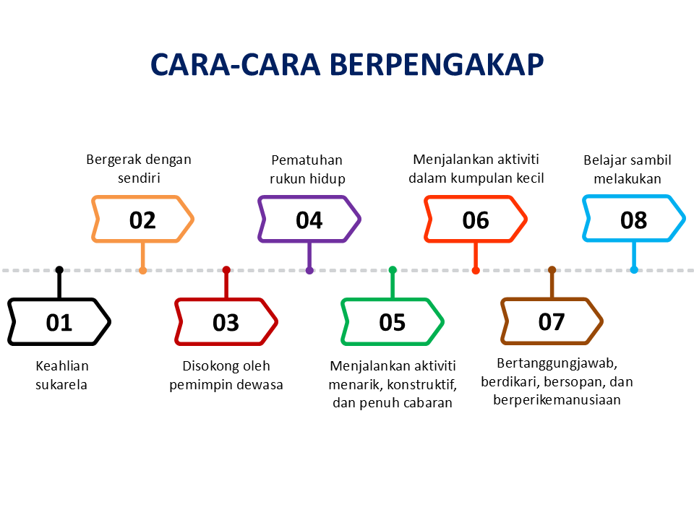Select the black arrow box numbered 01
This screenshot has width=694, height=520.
[x=59, y=322]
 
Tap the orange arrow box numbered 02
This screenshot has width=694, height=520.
[x=142, y=219]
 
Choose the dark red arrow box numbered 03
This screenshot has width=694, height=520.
[x=226, y=322]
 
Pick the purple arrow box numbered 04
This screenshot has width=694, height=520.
[x=309, y=219]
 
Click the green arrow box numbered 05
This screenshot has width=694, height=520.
[x=392, y=322]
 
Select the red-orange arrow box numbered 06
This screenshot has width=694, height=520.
[x=475, y=219]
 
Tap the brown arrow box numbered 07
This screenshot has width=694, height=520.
[x=552, y=322]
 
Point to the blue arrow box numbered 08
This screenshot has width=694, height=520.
[x=633, y=219]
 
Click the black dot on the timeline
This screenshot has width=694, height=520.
[x=59, y=270]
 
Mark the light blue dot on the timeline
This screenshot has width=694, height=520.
[x=634, y=270]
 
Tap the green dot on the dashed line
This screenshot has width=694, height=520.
[x=393, y=270]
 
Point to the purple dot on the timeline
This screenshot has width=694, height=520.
[x=309, y=270]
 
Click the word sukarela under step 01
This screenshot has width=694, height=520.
[x=61, y=385]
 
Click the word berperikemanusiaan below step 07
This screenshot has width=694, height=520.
[x=557, y=399]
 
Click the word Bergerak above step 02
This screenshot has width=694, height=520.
[x=113, y=160]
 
